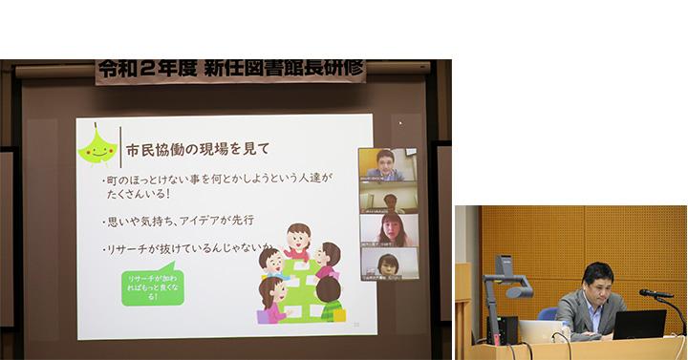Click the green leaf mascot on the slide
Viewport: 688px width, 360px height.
(99, 146)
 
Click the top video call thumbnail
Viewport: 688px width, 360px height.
(388, 164)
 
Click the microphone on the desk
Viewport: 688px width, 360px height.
(656, 293)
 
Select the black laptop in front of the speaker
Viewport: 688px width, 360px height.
(639, 325)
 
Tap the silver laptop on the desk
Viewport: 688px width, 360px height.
(540, 330)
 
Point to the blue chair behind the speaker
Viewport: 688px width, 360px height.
(548, 313)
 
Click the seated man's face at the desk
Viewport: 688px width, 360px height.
(598, 282)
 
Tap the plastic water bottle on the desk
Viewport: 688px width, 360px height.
(566, 329)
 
